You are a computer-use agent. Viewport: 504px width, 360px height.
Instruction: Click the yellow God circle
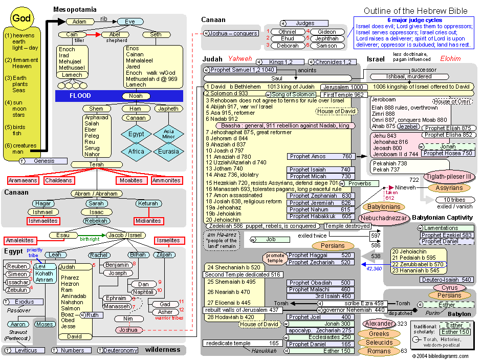21,18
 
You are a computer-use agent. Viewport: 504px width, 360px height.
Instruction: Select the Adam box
79,22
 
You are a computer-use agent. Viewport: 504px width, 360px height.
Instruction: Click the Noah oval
136,96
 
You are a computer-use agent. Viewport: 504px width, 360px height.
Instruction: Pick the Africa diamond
136,152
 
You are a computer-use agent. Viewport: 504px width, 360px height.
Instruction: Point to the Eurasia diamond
168,152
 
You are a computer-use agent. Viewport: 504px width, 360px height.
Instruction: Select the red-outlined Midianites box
148,221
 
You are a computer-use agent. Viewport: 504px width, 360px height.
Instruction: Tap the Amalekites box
20,240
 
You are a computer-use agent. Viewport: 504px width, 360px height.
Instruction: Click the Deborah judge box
288,46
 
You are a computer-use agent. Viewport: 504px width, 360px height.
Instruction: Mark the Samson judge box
326,46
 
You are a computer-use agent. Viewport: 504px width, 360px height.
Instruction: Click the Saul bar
277,78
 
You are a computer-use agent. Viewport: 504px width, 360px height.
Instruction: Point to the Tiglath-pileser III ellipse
448,177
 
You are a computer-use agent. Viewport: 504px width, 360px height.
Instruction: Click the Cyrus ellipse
449,288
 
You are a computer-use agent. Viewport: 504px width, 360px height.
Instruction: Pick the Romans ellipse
379,351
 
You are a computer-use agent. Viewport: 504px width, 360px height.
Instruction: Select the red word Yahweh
240,59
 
